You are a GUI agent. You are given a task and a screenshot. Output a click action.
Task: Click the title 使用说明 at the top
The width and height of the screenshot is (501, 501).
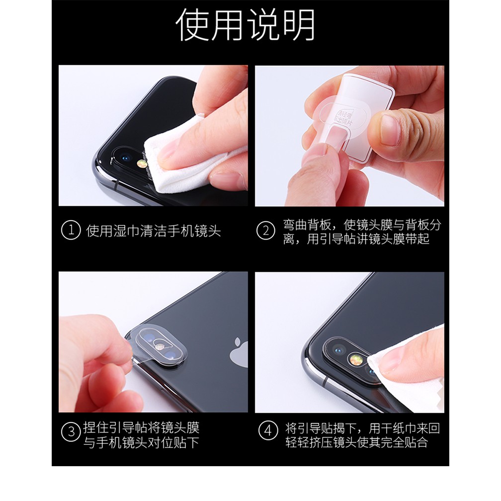(246, 25)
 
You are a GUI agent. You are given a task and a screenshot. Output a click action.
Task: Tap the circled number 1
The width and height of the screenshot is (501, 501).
(71, 230)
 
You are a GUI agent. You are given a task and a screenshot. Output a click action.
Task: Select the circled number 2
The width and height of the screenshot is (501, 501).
(265, 231)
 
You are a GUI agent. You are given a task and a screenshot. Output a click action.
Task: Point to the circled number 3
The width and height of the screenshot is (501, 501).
(71, 431)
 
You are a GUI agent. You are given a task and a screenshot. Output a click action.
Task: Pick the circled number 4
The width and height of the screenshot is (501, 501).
(268, 430)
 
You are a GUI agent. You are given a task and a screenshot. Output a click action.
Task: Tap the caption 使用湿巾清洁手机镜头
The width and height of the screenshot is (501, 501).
(154, 231)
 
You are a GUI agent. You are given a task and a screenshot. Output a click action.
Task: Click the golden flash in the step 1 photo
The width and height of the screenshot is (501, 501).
(142, 164)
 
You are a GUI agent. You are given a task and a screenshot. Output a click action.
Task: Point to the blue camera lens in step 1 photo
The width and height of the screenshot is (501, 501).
(124, 158)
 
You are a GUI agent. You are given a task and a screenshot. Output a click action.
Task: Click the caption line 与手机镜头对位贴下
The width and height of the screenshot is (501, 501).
(141, 442)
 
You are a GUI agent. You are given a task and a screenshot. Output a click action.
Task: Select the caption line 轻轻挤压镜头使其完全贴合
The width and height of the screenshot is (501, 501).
(356, 442)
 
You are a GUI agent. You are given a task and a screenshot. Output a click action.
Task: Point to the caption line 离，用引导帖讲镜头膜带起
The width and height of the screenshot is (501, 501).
(356, 239)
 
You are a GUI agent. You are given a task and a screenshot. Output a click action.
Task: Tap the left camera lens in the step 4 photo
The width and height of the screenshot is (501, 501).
(338, 350)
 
